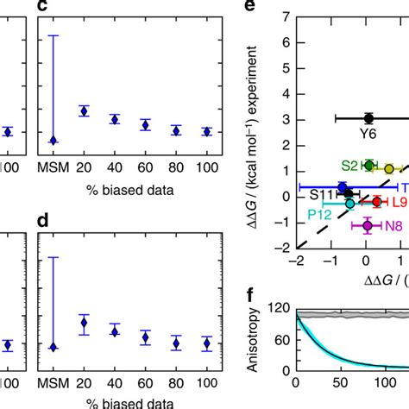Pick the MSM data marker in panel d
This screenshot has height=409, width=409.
[x=53, y=347]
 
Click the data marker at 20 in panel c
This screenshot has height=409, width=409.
[x=84, y=110]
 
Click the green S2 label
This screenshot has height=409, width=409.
[x=349, y=164]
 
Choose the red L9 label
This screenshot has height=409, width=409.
[x=400, y=204]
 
